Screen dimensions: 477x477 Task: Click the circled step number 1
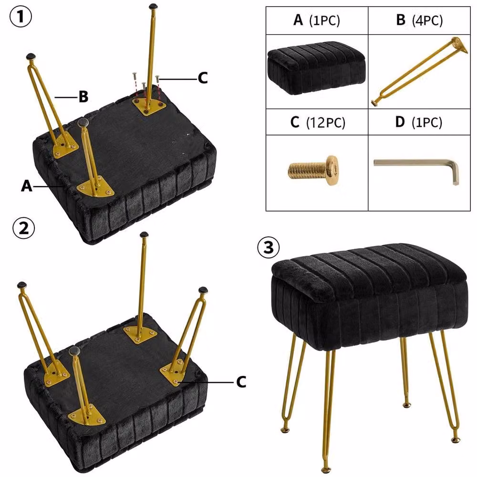21,17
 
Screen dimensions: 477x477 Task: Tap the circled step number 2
24,228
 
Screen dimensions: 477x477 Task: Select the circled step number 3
268,247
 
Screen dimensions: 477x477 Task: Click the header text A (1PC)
317,21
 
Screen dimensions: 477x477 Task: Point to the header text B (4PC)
419,21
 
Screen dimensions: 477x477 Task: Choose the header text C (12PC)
318,122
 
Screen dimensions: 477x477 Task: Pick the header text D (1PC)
419,122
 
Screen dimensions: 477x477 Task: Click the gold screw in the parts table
313,170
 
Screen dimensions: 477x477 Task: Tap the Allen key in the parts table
416,171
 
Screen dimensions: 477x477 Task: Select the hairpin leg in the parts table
420,72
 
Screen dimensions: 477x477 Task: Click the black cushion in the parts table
316,68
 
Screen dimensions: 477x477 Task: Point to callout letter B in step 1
83,96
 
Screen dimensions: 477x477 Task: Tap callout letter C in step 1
203,78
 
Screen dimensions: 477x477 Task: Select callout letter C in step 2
241,382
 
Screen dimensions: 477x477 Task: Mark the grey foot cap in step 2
74,351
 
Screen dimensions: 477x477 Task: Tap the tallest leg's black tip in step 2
144,235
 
